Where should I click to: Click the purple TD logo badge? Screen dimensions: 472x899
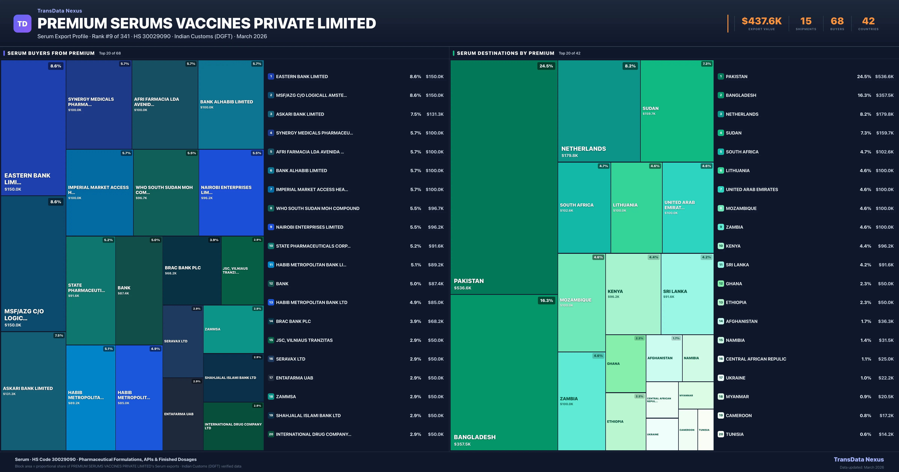(22, 24)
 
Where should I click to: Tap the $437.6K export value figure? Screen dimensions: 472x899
(762, 21)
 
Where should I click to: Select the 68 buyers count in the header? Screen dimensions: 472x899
(837, 21)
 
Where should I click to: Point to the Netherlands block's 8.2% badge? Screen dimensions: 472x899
(630, 66)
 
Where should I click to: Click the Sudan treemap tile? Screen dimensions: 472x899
(677, 111)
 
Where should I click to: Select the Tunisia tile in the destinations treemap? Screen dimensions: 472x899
(705, 430)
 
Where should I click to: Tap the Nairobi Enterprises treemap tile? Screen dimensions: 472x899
(231, 192)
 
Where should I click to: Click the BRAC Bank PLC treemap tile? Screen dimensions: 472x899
(192, 270)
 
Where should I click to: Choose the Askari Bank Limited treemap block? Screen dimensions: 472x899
(33, 391)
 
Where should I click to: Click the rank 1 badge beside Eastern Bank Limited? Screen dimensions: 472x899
(271, 76)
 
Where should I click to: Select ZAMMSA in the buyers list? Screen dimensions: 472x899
(286, 397)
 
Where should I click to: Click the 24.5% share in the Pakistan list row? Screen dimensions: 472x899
(864, 76)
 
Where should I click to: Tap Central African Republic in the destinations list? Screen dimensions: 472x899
(756, 359)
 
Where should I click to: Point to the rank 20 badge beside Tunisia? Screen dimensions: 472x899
(721, 434)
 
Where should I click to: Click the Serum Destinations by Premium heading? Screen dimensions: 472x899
(505, 53)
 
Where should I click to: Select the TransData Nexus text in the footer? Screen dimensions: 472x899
(859, 459)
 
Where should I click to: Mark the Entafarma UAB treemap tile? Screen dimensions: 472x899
(183, 414)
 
